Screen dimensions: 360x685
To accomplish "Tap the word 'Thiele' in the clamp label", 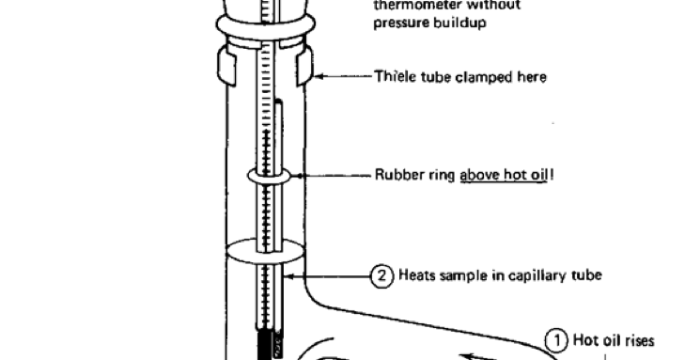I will click(x=392, y=77).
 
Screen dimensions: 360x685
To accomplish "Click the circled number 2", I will click(x=382, y=275).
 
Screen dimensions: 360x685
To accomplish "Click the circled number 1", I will click(x=556, y=340).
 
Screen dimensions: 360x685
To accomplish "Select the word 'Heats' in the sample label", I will click(x=415, y=275).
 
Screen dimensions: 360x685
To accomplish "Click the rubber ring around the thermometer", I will click(x=272, y=175).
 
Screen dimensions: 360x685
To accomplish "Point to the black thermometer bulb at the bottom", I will click(x=264, y=344).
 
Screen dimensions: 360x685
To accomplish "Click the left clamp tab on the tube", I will click(x=226, y=67).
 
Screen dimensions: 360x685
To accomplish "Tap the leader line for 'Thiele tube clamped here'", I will click(x=344, y=77).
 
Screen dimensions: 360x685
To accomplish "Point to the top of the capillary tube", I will click(x=279, y=104).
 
